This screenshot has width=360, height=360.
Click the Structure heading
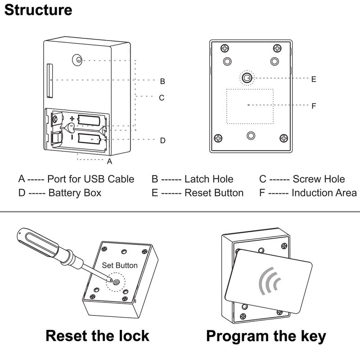point(38,10)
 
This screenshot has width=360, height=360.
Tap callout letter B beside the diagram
point(162,81)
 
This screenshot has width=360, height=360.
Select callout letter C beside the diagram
point(162,97)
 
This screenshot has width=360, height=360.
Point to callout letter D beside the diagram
point(162,140)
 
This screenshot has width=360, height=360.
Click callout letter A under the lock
point(109,161)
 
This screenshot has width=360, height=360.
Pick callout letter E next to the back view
point(314,79)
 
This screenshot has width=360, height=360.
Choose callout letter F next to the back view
point(314,106)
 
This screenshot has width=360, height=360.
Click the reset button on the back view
point(246,78)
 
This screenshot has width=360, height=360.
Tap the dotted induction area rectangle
point(250,106)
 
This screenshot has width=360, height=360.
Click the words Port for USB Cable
point(90,179)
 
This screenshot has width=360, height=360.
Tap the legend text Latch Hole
point(209,179)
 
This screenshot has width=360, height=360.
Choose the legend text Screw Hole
point(319,179)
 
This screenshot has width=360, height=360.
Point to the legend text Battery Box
point(75,193)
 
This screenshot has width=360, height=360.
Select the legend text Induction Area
point(324,193)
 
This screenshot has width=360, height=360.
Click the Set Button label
point(120,265)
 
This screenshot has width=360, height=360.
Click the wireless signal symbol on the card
point(269,282)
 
